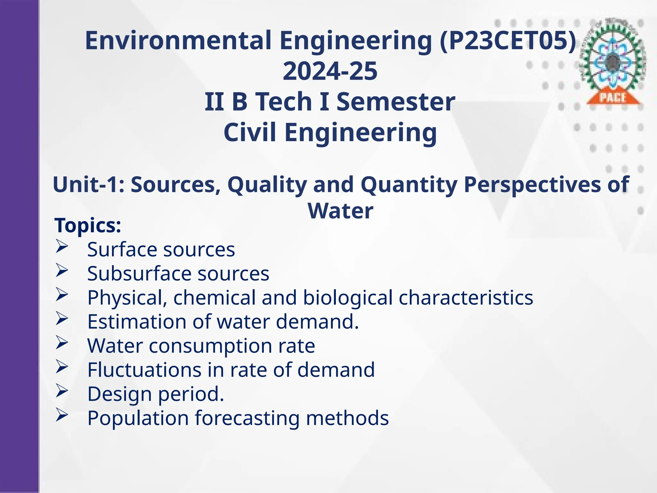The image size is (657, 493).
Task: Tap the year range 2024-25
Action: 330,71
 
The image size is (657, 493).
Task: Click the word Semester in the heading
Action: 396,102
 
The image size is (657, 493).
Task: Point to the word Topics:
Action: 88,225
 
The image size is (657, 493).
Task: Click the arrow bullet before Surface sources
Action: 62,247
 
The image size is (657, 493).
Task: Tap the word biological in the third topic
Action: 348,298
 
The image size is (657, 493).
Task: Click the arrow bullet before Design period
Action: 62,391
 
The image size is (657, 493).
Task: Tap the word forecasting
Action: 247,418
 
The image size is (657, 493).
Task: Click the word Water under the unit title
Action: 340,211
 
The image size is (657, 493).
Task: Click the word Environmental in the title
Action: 178,41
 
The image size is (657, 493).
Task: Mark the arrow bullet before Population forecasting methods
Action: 62,415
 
